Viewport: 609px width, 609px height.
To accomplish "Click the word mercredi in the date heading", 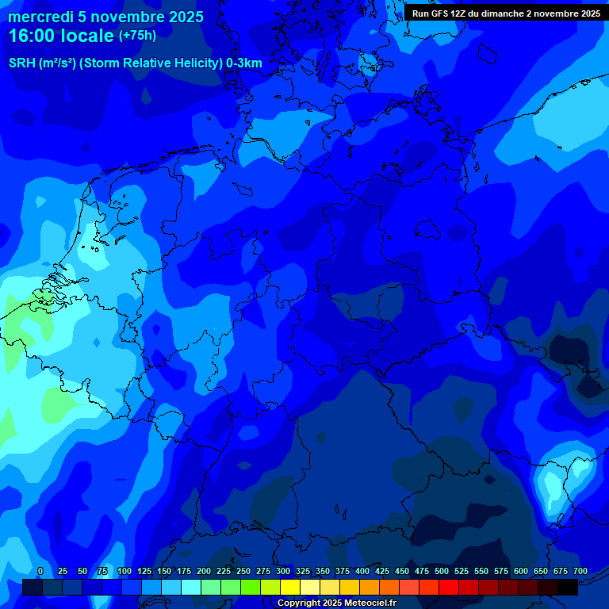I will click(x=40, y=17).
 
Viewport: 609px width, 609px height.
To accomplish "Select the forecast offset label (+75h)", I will click(x=138, y=36).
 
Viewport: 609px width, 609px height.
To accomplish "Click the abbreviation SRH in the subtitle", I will click(x=22, y=63).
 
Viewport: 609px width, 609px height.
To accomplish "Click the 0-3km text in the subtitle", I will click(x=245, y=63).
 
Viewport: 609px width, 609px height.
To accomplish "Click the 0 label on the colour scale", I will click(x=40, y=572).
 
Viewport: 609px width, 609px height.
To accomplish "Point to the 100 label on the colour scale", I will click(x=124, y=572).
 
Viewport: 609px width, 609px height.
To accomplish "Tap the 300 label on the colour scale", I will click(x=283, y=572).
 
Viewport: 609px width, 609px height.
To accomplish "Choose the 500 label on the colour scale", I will click(x=442, y=572).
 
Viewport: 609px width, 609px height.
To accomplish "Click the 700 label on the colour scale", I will click(x=580, y=572).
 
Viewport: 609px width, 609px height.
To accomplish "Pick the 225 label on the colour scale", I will click(x=224, y=572).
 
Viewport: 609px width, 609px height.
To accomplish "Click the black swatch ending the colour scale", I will click(x=568, y=588).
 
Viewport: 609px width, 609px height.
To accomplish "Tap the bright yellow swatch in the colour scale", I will click(x=290, y=588).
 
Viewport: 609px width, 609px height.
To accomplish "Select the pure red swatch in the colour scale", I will click(x=449, y=588).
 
